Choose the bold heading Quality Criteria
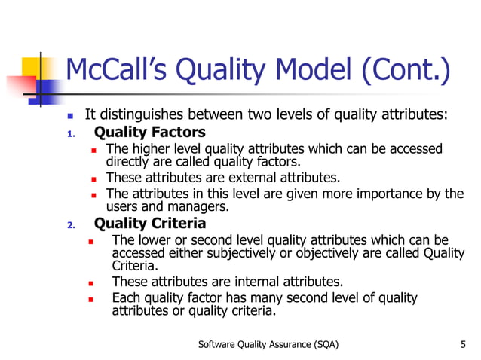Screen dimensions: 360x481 (149, 224)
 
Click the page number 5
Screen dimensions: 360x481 (462, 344)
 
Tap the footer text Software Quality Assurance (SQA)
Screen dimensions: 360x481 (268, 344)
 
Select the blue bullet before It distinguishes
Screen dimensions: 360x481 (70, 117)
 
